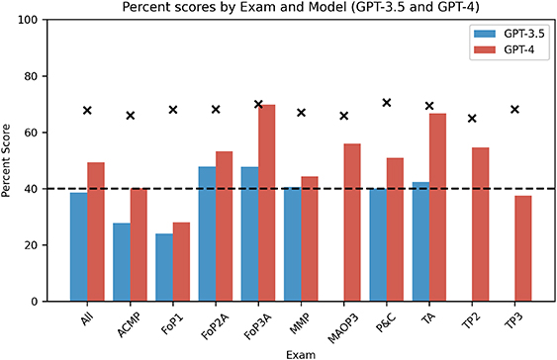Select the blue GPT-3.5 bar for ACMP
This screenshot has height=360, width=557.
point(122,262)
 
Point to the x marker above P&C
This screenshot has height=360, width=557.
point(387,103)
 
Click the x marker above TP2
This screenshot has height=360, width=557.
point(472,119)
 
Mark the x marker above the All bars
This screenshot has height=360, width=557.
point(87,110)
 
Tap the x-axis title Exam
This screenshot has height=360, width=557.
point(296,351)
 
